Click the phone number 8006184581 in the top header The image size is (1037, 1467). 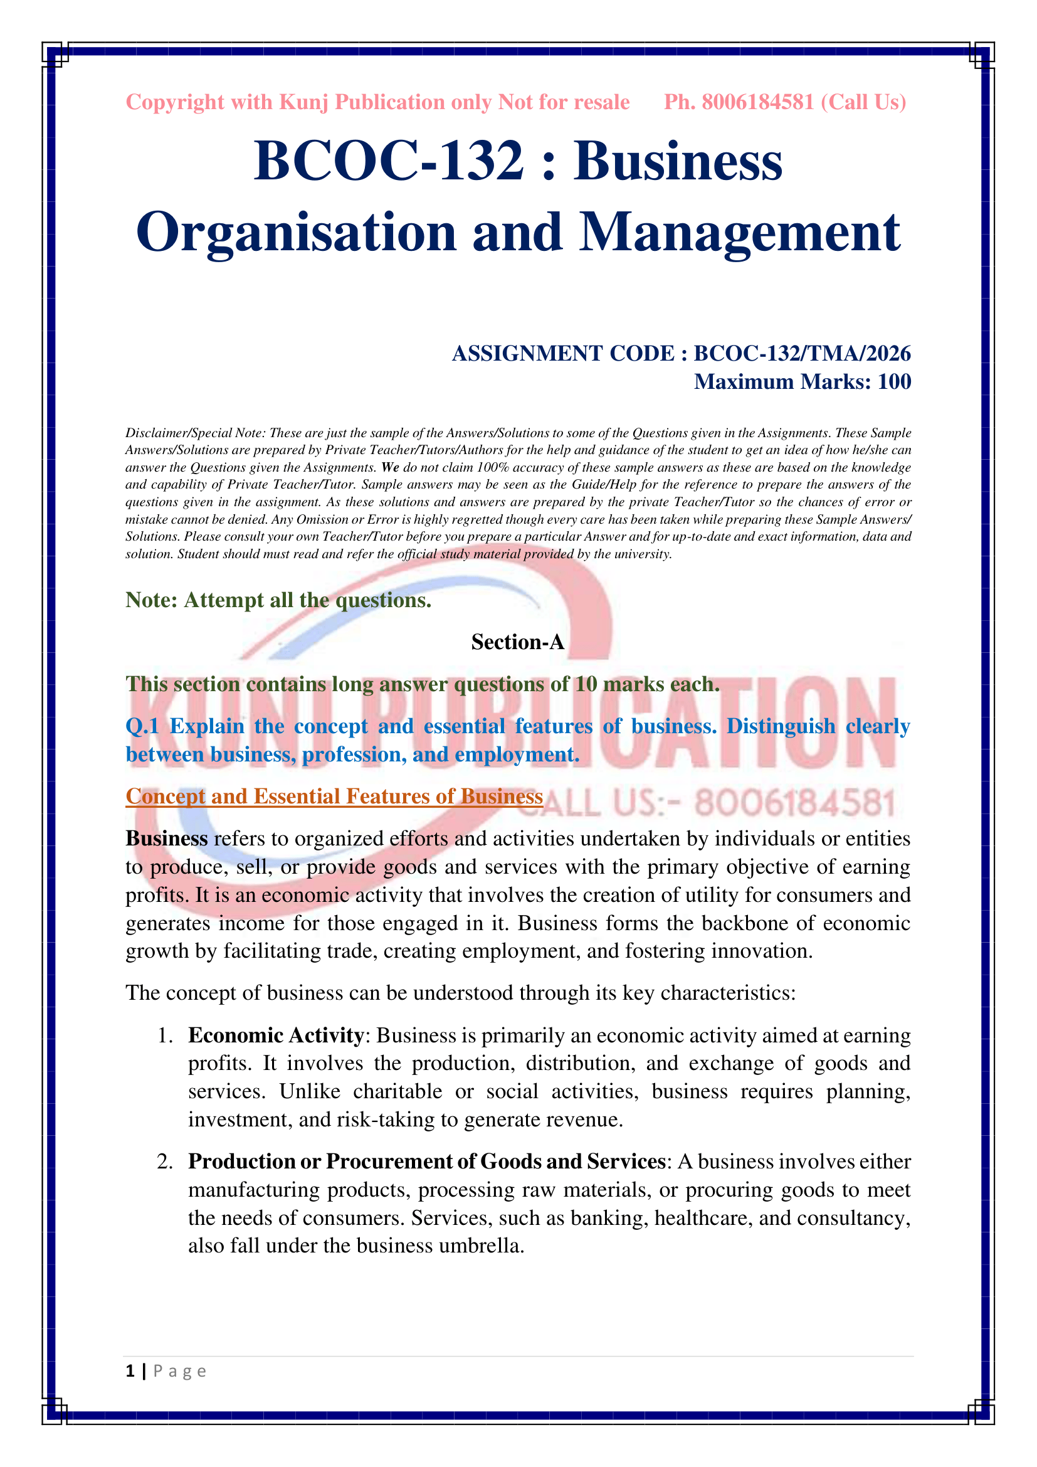[x=757, y=102]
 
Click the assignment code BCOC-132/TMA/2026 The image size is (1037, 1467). [x=802, y=353]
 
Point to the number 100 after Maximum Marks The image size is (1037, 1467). [x=894, y=381]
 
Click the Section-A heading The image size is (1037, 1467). [x=518, y=642]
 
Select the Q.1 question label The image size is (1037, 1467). [x=142, y=726]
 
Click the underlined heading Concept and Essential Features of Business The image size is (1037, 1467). [x=334, y=797]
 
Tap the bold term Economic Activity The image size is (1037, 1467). [x=276, y=1035]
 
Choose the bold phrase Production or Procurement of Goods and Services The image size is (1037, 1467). [x=426, y=1161]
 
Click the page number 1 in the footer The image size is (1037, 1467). [x=130, y=1371]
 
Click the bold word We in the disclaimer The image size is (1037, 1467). [x=389, y=468]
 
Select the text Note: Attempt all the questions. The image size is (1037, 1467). [x=278, y=600]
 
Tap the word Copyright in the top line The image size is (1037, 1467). [x=175, y=102]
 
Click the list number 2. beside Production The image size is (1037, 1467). [x=165, y=1162]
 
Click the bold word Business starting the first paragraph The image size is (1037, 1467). [x=167, y=839]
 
